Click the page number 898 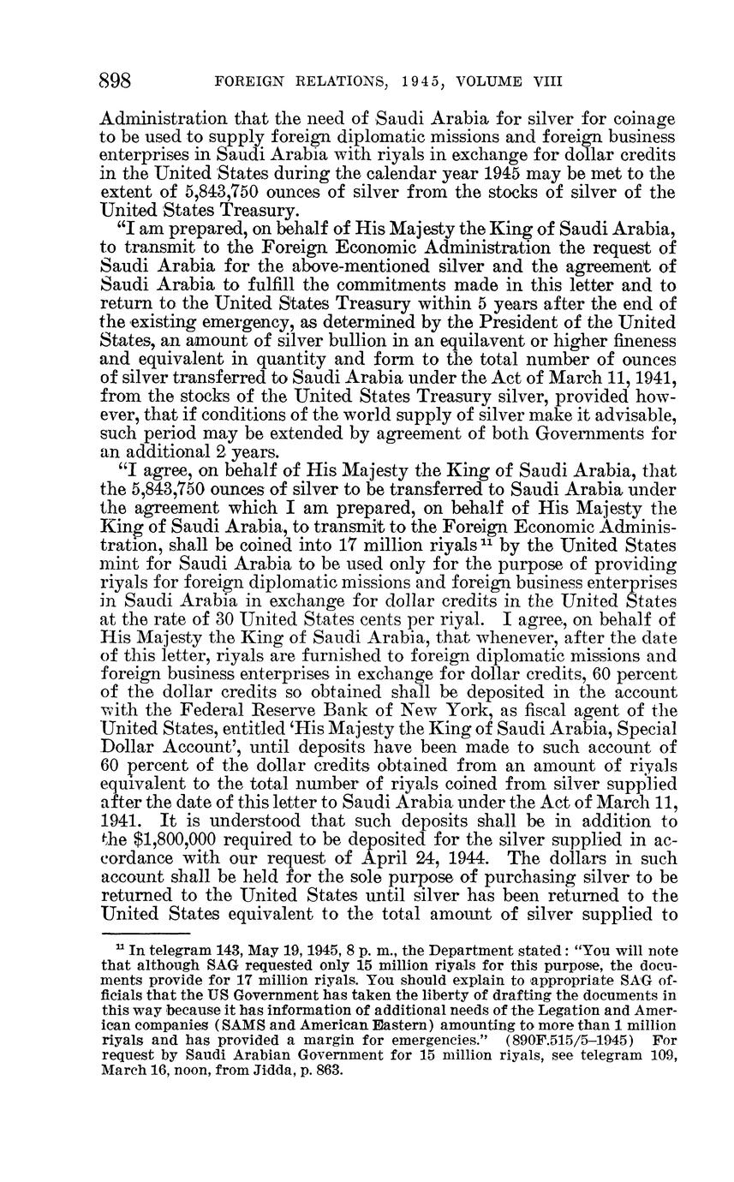point(115,81)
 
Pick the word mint point(118,564)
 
